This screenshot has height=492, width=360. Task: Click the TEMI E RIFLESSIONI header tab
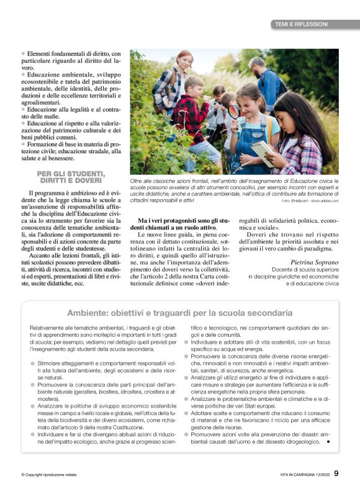pyautogui.click(x=301, y=24)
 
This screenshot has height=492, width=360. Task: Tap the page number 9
pyautogui.click(x=336, y=475)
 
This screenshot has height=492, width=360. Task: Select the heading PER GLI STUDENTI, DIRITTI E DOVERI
pyautogui.click(x=71, y=177)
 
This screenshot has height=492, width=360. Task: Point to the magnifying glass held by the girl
pyautogui.click(x=234, y=111)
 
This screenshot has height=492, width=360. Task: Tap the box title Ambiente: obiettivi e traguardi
pyautogui.click(x=180, y=313)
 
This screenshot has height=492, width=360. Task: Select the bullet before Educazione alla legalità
pyautogui.click(x=24, y=109)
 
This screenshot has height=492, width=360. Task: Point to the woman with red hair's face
pyautogui.click(x=185, y=61)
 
